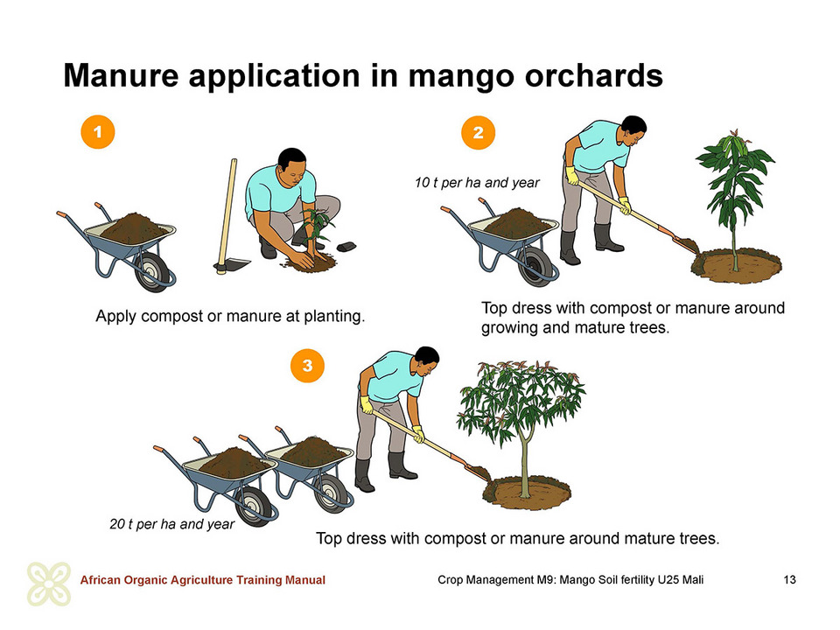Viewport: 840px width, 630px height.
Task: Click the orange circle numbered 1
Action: (x=97, y=132)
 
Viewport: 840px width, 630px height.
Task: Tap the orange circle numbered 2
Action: (x=478, y=132)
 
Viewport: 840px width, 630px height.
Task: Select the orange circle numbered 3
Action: (x=307, y=366)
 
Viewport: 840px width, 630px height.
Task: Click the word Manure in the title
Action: (x=121, y=75)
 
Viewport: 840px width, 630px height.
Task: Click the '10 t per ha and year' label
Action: (x=477, y=183)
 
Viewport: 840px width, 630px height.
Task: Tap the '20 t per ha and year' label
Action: (x=172, y=524)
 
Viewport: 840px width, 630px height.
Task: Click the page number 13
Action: (x=789, y=579)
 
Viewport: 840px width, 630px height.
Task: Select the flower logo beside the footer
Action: (x=49, y=584)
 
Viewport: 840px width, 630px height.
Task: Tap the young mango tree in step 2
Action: (x=736, y=199)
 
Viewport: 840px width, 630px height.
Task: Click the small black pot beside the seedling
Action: (x=346, y=247)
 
